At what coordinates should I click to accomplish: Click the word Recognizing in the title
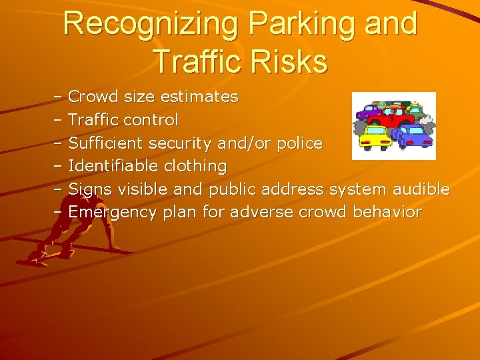tap(150, 24)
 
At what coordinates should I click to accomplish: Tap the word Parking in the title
tap(302, 24)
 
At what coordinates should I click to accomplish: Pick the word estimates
tap(199, 97)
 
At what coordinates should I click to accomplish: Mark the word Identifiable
tap(114, 165)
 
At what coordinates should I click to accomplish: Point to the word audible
tap(421, 189)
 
